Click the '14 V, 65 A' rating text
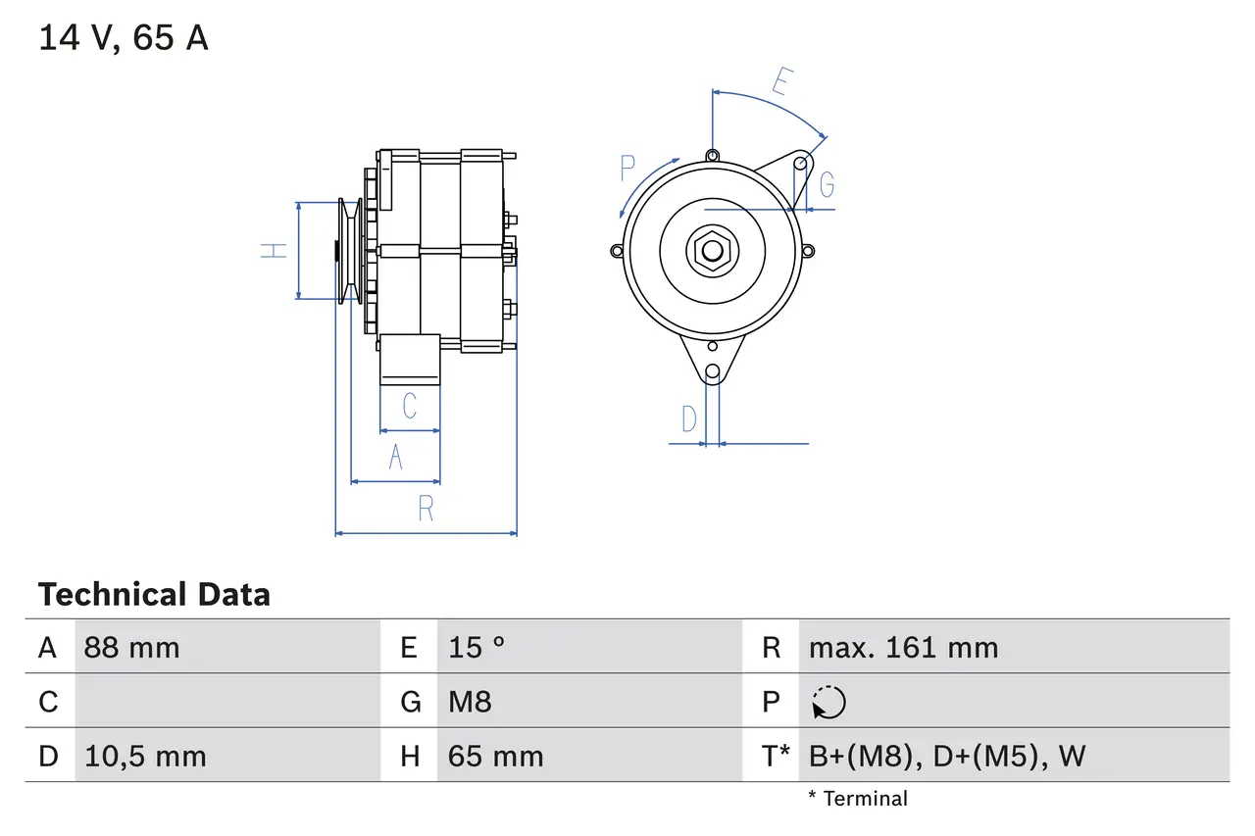(124, 38)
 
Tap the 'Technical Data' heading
(154, 595)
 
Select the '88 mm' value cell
(131, 648)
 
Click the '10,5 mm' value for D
(145, 757)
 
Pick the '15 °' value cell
(477, 648)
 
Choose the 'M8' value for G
(470, 702)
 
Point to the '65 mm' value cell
(495, 757)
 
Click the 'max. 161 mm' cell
(903, 648)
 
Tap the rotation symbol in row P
(829, 703)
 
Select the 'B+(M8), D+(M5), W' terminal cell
(946, 757)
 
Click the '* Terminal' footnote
(858, 799)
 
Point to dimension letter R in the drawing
(426, 510)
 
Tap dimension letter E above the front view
(780, 82)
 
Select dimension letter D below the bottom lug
(689, 419)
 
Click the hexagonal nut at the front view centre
(711, 251)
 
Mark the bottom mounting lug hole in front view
(713, 372)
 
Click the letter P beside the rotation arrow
(628, 169)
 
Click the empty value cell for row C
(226, 702)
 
